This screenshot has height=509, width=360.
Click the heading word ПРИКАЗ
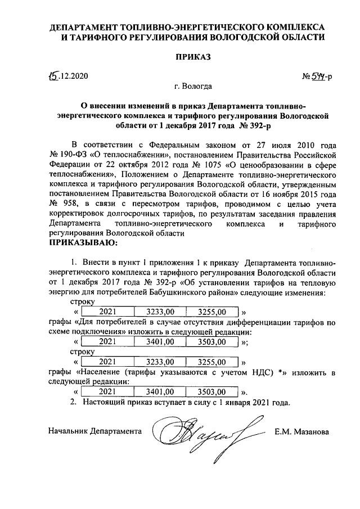193,57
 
